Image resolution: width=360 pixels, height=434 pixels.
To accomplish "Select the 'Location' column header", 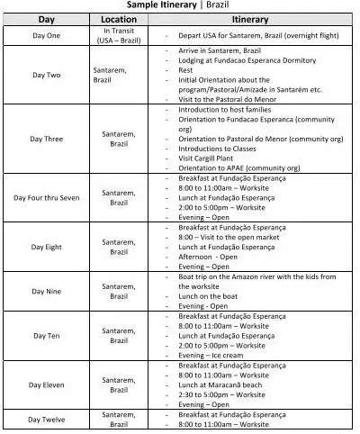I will [x=119, y=18].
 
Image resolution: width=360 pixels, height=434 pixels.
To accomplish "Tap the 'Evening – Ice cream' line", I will [x=211, y=355].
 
